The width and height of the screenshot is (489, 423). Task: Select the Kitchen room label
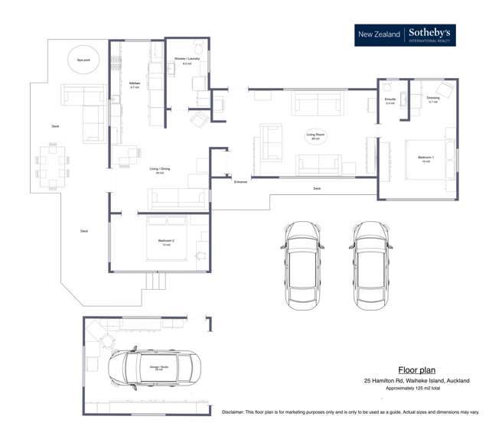coord(135,85)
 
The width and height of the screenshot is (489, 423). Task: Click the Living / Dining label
coord(159,171)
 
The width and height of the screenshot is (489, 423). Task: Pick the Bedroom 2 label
coord(166,242)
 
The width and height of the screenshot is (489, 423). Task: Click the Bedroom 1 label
coord(425,159)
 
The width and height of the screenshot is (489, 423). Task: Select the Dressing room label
coord(433,99)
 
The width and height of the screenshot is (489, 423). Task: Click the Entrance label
coord(241,182)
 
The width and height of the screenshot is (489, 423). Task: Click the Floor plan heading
coord(417,369)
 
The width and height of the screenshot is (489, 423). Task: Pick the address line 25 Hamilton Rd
coord(416,381)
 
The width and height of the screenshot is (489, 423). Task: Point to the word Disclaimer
coord(237,412)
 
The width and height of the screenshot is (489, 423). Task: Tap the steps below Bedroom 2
coord(156,281)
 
